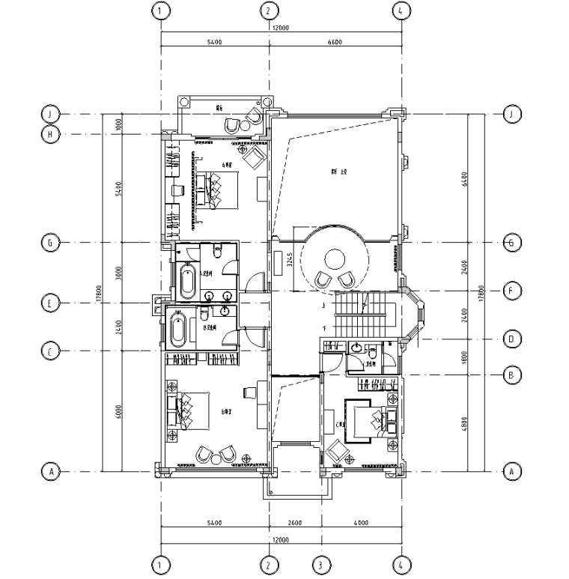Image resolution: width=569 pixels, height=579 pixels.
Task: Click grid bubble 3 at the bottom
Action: tap(320, 565)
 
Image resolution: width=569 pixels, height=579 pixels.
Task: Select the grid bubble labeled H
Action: tap(51, 134)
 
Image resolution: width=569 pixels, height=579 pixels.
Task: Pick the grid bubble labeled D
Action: tap(512, 339)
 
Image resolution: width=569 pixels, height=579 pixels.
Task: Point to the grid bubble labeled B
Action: tap(512, 375)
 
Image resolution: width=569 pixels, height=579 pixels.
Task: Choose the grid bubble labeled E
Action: tap(51, 303)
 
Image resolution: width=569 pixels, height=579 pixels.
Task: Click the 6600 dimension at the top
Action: tap(334, 43)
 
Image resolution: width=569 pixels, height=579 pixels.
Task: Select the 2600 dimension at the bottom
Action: tap(294, 523)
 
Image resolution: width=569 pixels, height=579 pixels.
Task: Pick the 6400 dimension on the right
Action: tap(465, 178)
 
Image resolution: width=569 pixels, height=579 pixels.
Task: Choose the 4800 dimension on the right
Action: tap(465, 423)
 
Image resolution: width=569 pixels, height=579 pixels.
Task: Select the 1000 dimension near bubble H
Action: tap(119, 124)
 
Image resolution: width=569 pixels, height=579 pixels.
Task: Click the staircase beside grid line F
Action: tap(363, 315)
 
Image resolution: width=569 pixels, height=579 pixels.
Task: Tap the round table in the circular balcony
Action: tap(334, 260)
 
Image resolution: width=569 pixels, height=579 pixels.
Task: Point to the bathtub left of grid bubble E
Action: tap(178, 330)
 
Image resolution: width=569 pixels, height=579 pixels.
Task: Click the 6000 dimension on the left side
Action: tap(119, 411)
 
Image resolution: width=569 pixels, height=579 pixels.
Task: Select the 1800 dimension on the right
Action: tap(465, 357)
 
